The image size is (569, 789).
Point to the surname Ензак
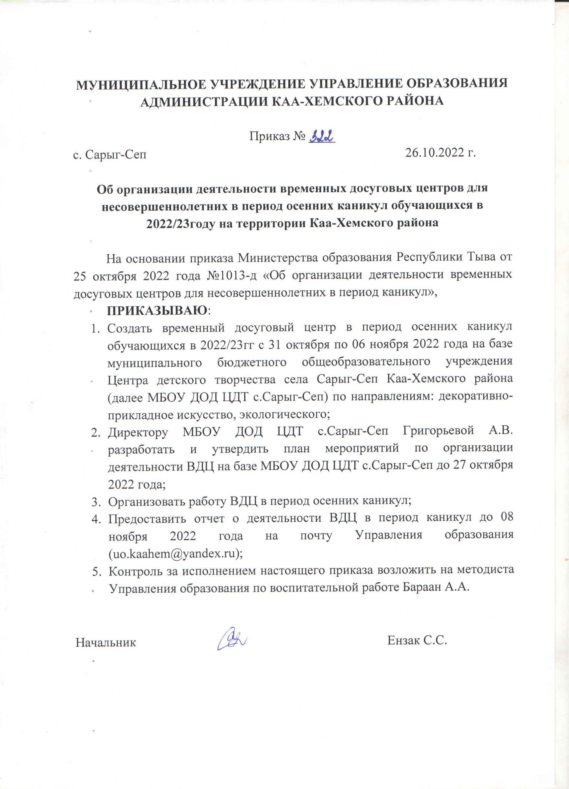404,640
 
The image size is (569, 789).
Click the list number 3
95,502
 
